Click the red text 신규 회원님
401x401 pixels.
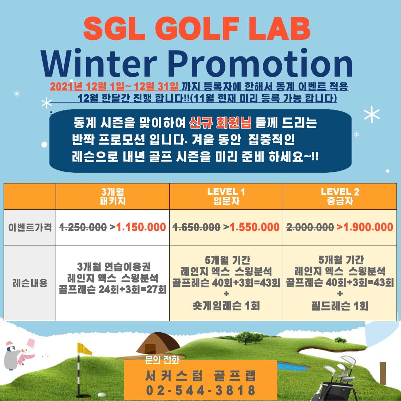(x=221, y=122)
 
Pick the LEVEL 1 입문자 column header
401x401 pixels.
(x=226, y=196)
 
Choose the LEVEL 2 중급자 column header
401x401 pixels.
(x=340, y=196)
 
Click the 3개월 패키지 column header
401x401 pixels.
(x=113, y=196)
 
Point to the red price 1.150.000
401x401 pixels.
(x=141, y=227)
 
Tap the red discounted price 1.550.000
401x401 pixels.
(x=255, y=227)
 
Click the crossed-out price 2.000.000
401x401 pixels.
(x=310, y=227)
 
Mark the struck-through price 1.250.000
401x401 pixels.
(x=83, y=227)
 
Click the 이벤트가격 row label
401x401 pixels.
(x=30, y=227)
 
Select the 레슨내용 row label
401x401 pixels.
(x=30, y=283)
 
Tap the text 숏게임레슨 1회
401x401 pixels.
(x=226, y=306)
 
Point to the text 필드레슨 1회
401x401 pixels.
(x=340, y=306)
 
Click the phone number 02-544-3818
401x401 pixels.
(x=200, y=390)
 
